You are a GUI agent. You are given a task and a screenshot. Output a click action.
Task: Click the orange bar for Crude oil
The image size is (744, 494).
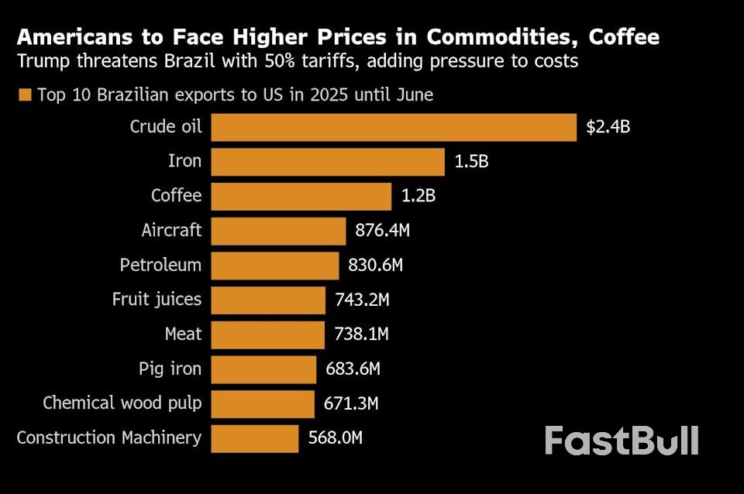[x=394, y=127]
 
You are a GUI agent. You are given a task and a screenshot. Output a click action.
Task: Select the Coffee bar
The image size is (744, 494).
[x=301, y=197]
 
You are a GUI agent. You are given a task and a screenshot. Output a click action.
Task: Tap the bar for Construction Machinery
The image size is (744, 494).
[x=254, y=438]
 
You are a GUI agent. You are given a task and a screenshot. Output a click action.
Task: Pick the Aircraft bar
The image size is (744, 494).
[x=278, y=231]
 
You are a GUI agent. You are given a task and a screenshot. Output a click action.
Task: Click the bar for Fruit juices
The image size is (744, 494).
[x=268, y=300]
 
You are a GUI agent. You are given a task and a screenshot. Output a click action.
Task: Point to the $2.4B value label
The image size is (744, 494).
[x=608, y=127]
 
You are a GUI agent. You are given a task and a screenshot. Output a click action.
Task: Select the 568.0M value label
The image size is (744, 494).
[x=335, y=438]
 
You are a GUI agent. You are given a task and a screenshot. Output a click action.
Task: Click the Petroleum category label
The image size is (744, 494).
[x=160, y=266]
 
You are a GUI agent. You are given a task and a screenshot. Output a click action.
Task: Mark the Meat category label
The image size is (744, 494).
[x=183, y=334]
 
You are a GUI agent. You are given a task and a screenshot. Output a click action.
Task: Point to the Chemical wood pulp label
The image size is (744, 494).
[x=122, y=403]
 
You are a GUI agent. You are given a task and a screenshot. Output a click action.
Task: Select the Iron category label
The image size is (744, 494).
[x=184, y=162]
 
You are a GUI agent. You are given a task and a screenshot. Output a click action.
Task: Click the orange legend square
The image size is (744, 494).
[x=25, y=95]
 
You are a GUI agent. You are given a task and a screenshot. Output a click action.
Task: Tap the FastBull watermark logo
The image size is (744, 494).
[x=621, y=441]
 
